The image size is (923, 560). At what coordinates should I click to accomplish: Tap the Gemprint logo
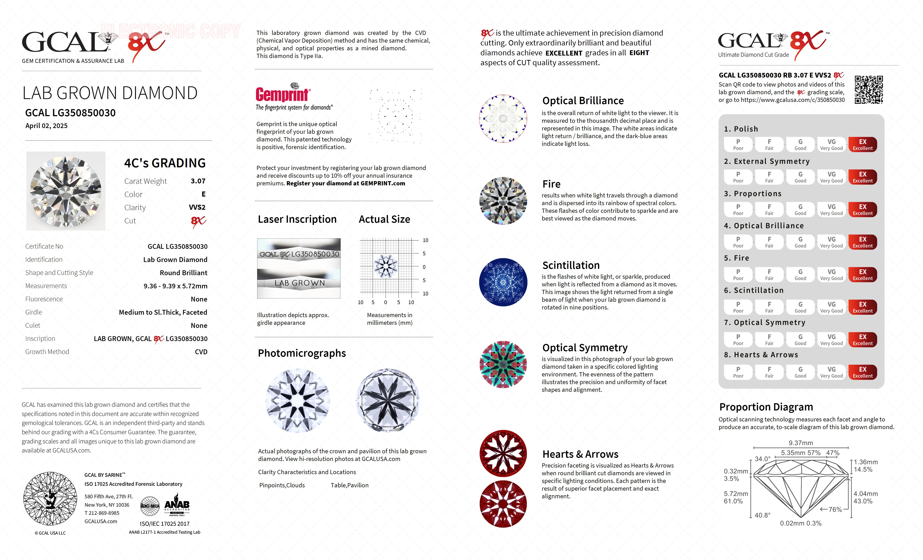tap(283, 94)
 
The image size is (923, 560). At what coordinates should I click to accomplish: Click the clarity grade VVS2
tap(197, 207)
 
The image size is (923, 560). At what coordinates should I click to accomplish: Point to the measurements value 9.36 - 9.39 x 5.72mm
tap(175, 286)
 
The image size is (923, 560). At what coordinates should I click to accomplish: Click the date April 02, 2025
tap(46, 126)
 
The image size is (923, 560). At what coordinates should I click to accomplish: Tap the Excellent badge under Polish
tap(862, 145)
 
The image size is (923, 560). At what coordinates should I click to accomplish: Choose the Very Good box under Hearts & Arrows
tap(831, 372)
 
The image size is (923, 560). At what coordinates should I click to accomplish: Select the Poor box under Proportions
tap(738, 210)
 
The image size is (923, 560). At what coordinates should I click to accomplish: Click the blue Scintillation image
tap(503, 282)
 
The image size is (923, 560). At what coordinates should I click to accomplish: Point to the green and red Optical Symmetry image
tap(503, 364)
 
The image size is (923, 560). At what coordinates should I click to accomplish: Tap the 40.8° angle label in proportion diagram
tap(762, 515)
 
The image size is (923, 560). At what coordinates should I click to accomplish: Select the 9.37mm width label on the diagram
tap(801, 443)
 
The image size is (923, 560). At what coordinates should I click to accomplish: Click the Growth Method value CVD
tap(201, 352)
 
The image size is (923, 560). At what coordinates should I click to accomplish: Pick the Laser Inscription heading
tap(297, 219)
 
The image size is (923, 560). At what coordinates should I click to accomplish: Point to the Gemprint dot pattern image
tap(395, 116)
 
